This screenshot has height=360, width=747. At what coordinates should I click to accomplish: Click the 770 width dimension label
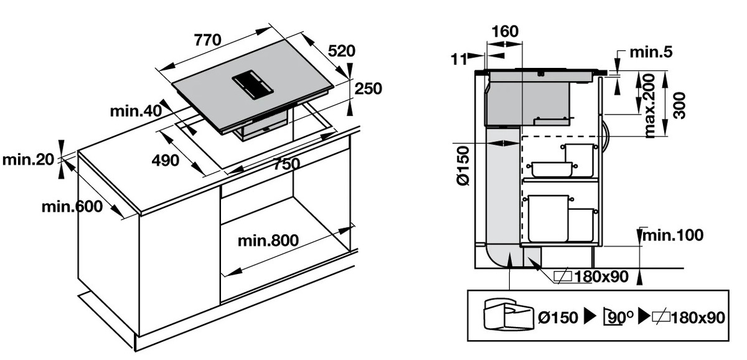pyautogui.click(x=208, y=40)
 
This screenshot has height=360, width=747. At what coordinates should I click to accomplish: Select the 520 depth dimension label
pyautogui.click(x=342, y=52)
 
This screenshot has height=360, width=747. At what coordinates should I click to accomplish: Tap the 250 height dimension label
pyautogui.click(x=369, y=88)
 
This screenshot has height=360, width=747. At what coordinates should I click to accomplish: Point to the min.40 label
pyautogui.click(x=136, y=111)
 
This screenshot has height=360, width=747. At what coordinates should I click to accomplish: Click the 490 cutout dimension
pyautogui.click(x=166, y=160)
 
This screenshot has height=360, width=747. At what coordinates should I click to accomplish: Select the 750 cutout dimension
pyautogui.click(x=284, y=164)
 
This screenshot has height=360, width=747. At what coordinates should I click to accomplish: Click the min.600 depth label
pyautogui.click(x=72, y=207)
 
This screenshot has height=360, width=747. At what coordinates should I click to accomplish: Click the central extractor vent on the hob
pyautogui.click(x=253, y=86)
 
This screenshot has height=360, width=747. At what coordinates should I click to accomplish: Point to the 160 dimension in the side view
pyautogui.click(x=504, y=31)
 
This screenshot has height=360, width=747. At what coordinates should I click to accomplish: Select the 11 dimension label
pyautogui.click(x=459, y=59)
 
